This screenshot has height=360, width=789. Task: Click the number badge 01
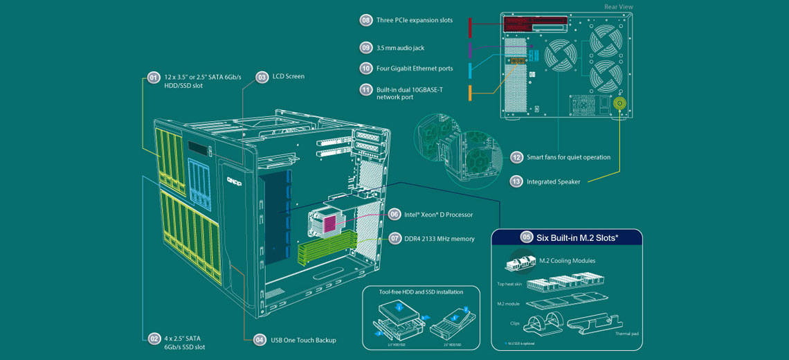click(154, 78)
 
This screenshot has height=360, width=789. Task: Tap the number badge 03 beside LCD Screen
click(262, 78)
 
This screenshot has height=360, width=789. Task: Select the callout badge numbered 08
click(366, 20)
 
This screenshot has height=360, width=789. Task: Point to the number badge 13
click(516, 181)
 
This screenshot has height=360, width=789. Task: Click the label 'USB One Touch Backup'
click(304, 340)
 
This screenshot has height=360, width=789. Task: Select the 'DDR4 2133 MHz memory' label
click(439, 239)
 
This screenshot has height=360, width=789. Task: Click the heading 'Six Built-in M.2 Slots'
click(577, 237)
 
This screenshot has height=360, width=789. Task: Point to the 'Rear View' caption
click(618, 7)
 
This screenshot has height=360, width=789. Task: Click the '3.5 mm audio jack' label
click(400, 48)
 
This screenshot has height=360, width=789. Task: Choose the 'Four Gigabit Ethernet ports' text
click(415, 68)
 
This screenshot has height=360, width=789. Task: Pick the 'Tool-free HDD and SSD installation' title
click(421, 292)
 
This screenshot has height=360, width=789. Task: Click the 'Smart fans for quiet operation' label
click(568, 157)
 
